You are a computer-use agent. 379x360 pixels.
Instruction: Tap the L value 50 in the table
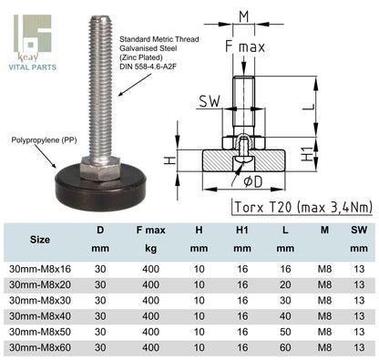point(286,333)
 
